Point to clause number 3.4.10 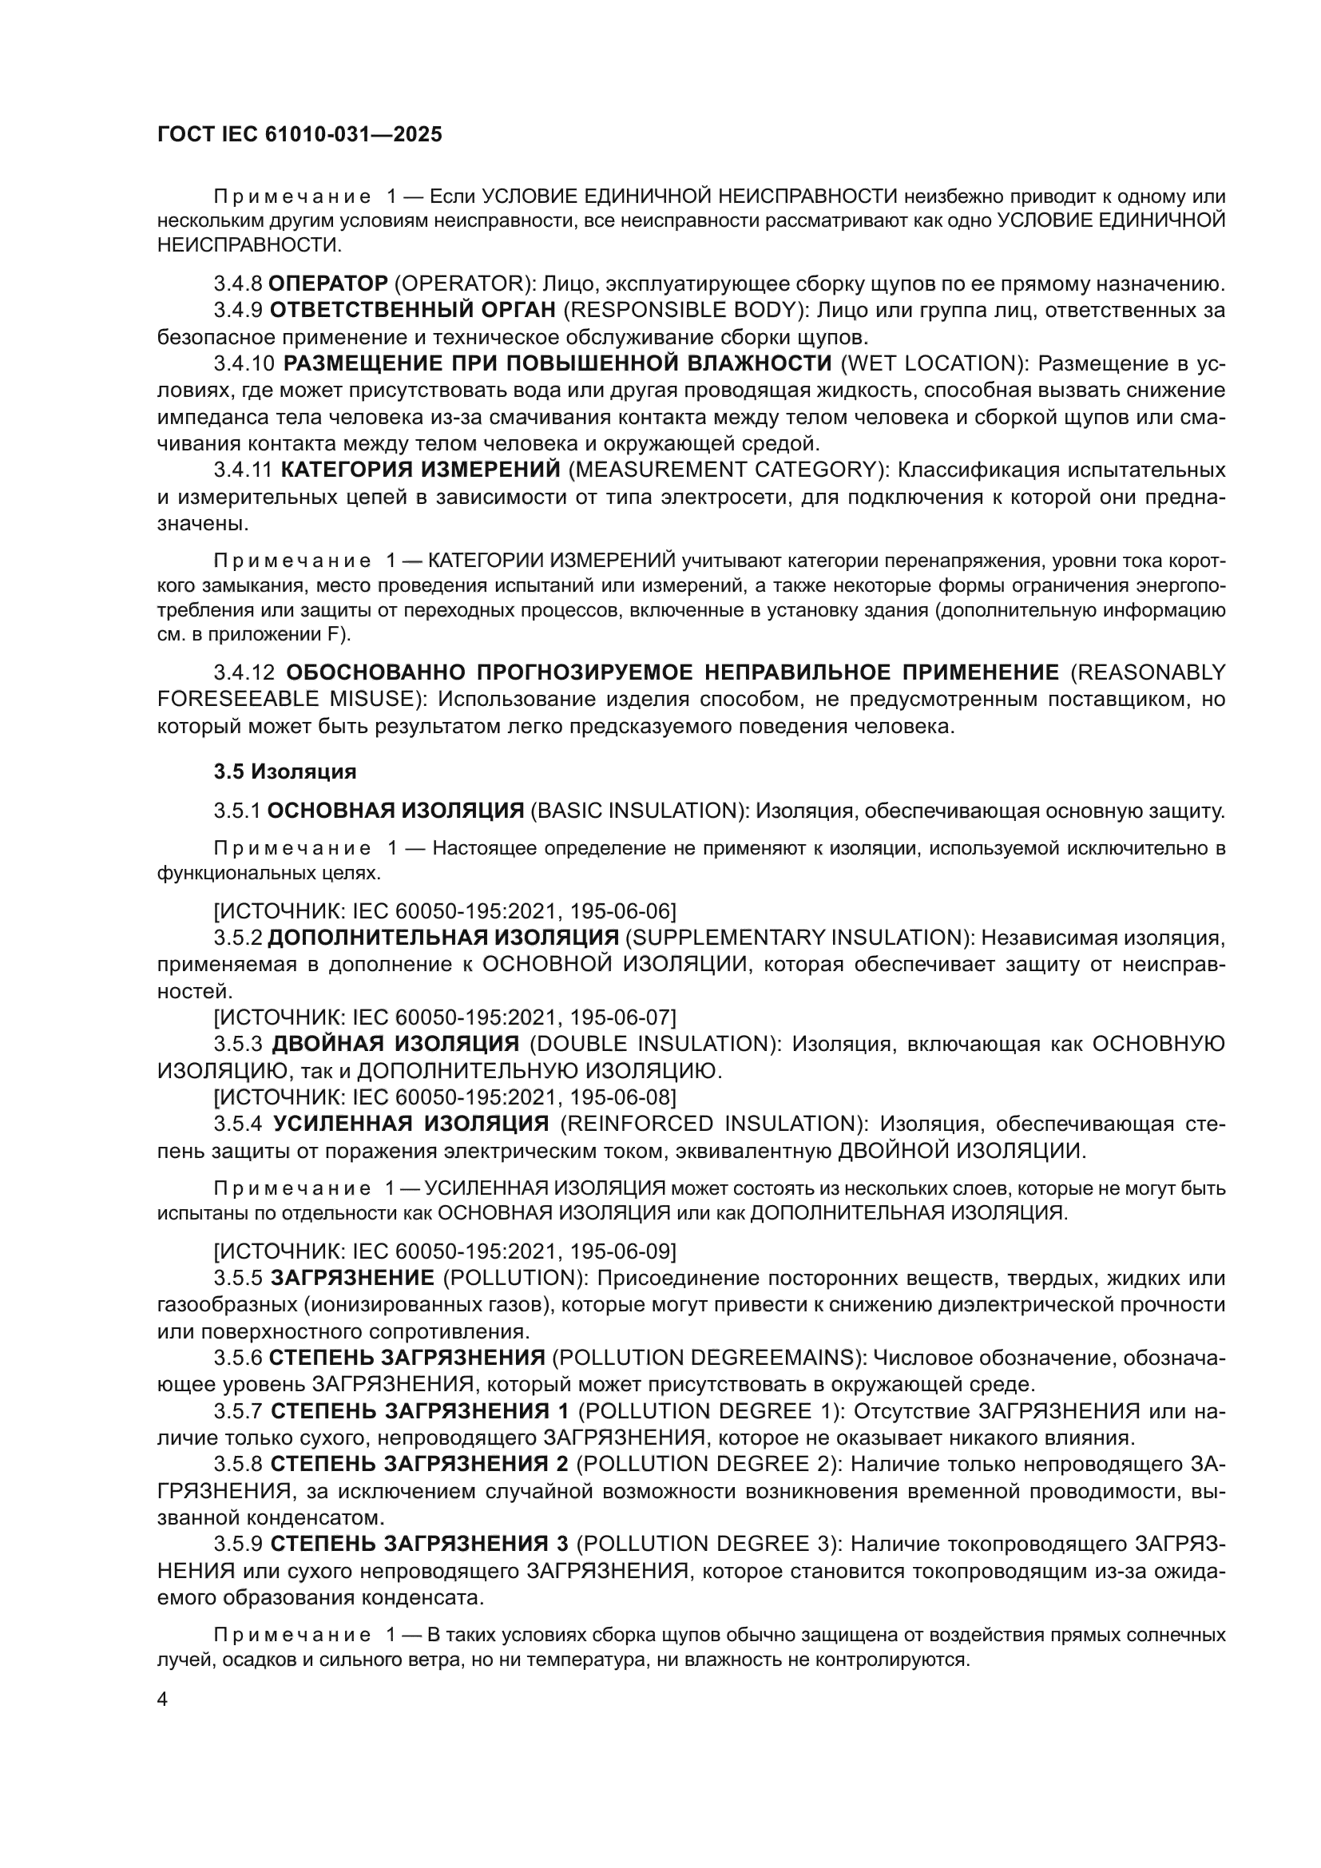pos(244,363)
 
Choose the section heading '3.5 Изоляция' pos(284,771)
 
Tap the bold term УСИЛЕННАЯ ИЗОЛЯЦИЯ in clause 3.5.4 pos(411,1124)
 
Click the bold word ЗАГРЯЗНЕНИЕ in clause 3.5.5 pos(352,1278)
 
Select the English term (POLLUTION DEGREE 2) pos(707,1464)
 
